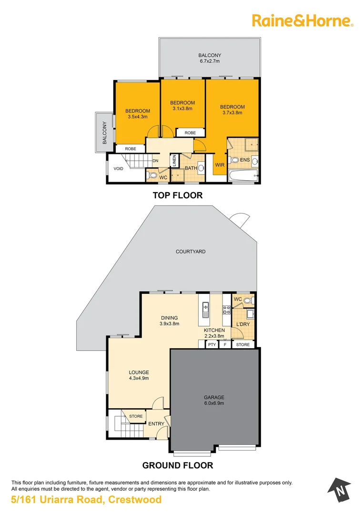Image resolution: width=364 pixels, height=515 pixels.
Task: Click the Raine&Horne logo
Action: [302, 20]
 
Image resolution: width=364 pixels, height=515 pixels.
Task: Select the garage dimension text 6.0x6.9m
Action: [214, 403]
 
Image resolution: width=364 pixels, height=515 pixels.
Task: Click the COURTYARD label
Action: [191, 251]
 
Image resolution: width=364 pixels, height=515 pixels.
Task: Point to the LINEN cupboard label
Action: [175, 160]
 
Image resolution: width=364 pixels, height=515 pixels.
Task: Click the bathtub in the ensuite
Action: [243, 176]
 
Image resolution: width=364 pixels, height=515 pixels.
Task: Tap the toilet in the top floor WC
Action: [151, 174]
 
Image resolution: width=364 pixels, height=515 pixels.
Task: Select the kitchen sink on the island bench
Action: [206, 309]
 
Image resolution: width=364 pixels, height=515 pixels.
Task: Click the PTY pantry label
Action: [212, 344]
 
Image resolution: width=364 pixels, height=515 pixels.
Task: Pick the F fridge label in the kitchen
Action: [225, 344]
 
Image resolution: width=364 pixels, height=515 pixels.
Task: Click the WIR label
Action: [220, 165]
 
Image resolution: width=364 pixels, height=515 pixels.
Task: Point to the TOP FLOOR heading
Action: [177, 195]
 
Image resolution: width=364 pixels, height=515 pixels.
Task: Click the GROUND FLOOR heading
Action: [177, 465]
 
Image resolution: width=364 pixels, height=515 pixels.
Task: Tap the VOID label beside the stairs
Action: [118, 168]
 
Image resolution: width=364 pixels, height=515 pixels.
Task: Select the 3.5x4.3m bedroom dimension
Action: [138, 116]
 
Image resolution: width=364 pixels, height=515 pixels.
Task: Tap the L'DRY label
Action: [243, 325]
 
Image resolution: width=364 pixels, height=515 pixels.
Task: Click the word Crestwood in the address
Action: [135, 500]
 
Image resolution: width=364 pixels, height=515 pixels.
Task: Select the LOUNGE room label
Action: [139, 372]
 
